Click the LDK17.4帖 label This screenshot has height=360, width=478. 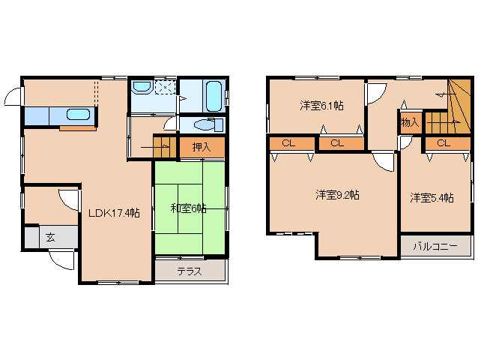coord(114,213)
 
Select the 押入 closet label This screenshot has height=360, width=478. coord(201,147)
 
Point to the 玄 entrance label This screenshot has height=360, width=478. coord(50,237)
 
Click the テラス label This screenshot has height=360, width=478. coord(189,271)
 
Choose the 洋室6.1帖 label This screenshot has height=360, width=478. coord(322,106)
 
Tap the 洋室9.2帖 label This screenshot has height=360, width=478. coord(337,194)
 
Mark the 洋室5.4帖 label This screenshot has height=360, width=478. coord(432,198)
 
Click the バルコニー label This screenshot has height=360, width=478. coord(435,246)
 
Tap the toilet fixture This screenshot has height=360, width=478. coord(202,124)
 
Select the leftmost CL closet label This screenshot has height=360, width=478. coord(288,142)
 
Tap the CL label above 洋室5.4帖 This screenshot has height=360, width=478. coord(442,142)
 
